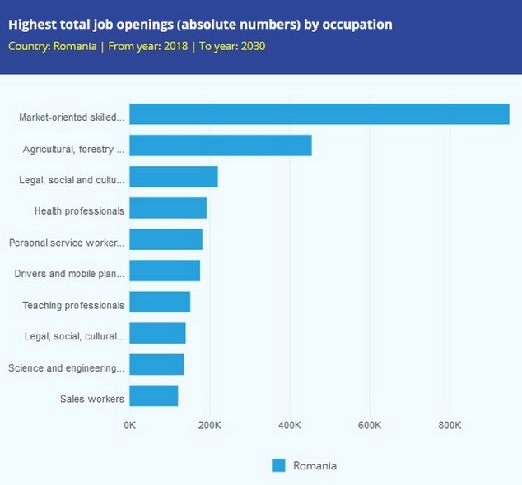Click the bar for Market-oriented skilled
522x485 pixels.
pos(319,114)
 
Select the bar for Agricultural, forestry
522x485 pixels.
pos(221,145)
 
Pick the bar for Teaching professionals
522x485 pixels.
pos(160,303)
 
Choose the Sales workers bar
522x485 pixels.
pos(154,396)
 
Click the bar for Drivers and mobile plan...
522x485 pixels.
pos(165,271)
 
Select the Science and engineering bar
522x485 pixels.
pos(156,365)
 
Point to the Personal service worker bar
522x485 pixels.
pos(165,239)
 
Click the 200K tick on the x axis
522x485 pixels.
pos(210,425)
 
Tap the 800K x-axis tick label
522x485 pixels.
pos(450,425)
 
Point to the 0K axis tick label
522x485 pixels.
pos(130,425)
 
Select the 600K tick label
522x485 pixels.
pos(370,425)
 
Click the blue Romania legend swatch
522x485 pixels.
pos(278,465)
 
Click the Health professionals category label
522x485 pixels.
pos(79,211)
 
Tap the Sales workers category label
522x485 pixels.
pos(92,400)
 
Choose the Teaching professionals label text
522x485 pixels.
pos(73,306)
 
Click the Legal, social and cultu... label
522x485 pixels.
pos(72,180)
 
